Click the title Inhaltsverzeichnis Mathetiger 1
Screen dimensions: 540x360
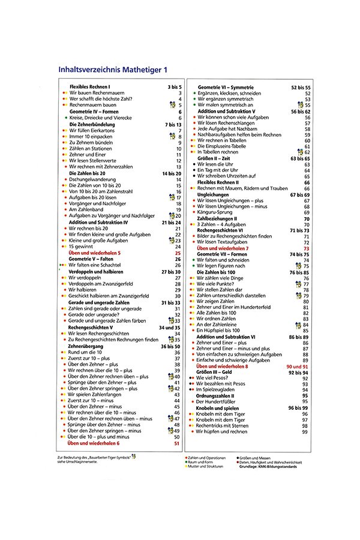tap(113, 70)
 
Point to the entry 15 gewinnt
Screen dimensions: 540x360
tap(82, 246)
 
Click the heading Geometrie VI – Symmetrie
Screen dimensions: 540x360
tap(226, 87)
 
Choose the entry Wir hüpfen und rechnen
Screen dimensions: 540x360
tap(221, 431)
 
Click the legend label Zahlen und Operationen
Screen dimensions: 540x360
tap(208, 458)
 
